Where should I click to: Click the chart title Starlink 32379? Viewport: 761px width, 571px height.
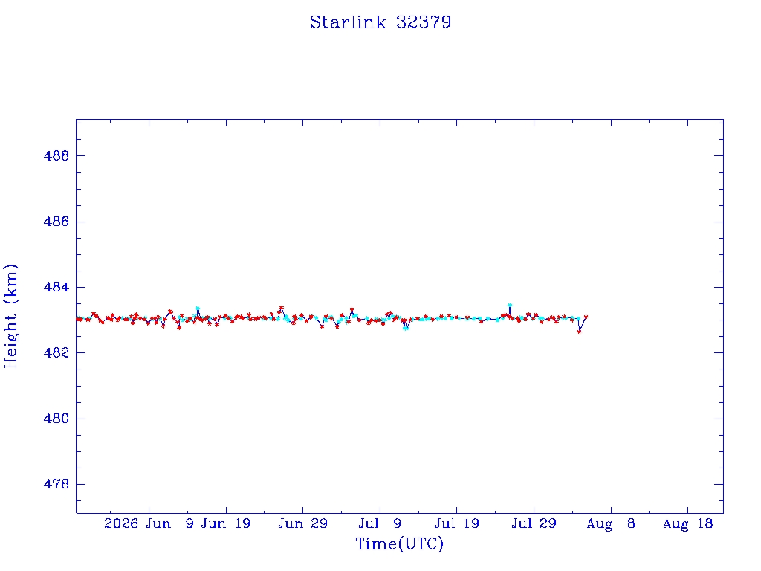[x=380, y=22]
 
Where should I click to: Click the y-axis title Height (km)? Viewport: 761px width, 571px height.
[x=11, y=316]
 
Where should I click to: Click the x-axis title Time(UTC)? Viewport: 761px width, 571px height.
[x=399, y=543]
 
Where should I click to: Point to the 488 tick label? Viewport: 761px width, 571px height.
[x=56, y=156]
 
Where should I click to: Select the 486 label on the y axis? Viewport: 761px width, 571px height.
[x=56, y=222]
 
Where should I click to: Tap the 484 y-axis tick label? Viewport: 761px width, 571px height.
[x=56, y=288]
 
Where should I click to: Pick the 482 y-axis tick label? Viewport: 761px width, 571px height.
[x=56, y=353]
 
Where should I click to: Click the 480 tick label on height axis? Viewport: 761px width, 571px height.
[x=56, y=419]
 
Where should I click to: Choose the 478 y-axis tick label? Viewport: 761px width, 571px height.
[x=56, y=485]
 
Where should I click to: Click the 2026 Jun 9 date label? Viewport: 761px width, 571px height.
[x=149, y=524]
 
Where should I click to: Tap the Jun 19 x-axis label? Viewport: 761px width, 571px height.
[x=226, y=524]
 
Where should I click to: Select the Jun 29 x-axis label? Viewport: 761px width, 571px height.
[x=303, y=524]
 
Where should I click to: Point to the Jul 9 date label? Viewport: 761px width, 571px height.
[x=380, y=524]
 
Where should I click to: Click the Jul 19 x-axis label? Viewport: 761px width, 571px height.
[x=457, y=524]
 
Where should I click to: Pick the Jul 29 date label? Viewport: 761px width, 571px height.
[x=534, y=524]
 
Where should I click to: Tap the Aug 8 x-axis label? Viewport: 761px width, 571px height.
[x=611, y=524]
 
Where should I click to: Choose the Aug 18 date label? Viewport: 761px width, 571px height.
[x=687, y=524]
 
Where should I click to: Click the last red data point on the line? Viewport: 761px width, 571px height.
[x=586, y=317]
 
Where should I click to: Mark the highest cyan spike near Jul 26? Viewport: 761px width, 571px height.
[x=510, y=305]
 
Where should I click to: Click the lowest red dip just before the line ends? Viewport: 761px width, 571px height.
[x=579, y=332]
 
